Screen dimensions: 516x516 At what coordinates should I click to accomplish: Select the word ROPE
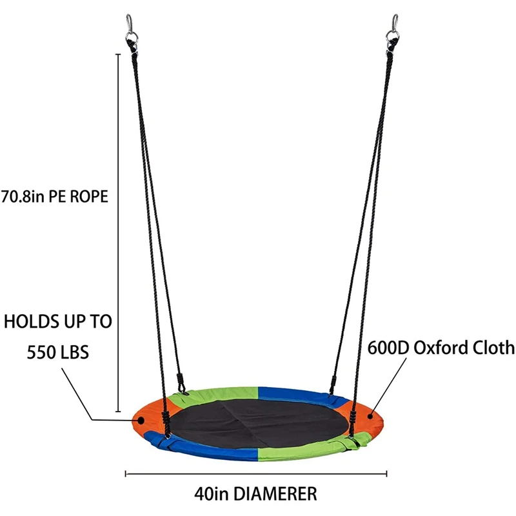(x=88, y=197)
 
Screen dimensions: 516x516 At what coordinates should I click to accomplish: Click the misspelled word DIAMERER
(x=276, y=495)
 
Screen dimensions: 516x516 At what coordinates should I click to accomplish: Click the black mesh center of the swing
(x=258, y=422)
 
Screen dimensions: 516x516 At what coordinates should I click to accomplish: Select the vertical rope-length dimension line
(x=118, y=232)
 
